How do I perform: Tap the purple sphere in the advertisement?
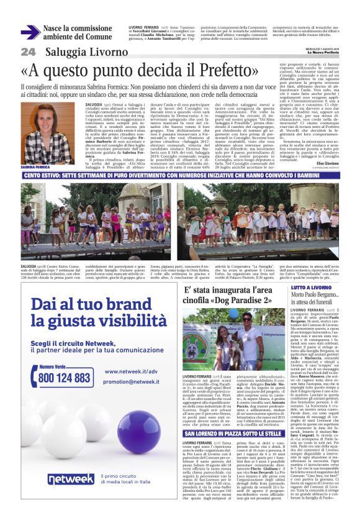[x=140, y=438]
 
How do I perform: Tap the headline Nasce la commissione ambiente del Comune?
[x=78, y=33]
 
